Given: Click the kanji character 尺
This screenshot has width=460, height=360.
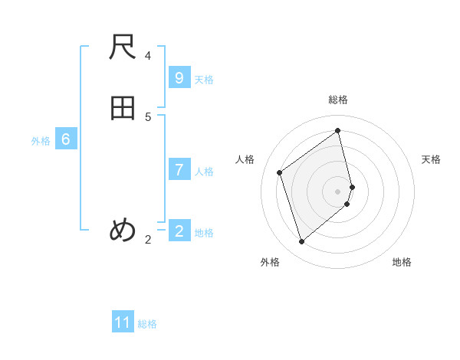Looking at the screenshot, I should tap(123, 51).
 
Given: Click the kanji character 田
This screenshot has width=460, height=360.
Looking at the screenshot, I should tap(123, 108).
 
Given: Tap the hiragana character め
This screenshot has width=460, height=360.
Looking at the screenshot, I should tap(123, 229).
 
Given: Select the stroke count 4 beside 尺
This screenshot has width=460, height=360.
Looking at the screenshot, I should tap(148, 56).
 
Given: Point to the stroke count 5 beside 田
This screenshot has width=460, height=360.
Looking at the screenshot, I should tap(148, 116).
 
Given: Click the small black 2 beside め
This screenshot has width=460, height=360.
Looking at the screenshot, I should tap(148, 240).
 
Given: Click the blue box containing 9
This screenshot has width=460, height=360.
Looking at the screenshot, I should tap(179, 78).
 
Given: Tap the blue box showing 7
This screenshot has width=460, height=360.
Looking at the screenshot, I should tap(179, 170).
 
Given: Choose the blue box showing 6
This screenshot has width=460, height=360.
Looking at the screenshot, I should tap(66, 139).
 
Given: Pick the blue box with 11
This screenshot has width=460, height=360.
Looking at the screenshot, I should tap(123, 322).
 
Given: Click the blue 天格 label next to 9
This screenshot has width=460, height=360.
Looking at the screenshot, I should tap(204, 80).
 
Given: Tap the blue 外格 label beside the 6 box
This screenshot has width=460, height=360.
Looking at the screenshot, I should tap(41, 141).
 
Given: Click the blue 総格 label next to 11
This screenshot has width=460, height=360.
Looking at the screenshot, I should tap(147, 324).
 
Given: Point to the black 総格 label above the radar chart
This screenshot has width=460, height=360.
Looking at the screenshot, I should tap(338, 100).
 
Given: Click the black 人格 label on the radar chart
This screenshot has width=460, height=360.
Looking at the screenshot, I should tap(245, 159).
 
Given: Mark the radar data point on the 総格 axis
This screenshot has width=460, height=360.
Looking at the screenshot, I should tap(338, 130).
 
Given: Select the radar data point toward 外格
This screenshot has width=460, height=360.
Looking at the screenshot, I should tap(301, 242).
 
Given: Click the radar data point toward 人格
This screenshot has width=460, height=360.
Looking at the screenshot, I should tap(280, 172).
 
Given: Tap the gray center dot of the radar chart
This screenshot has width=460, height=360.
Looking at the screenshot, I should tap(338, 191).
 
